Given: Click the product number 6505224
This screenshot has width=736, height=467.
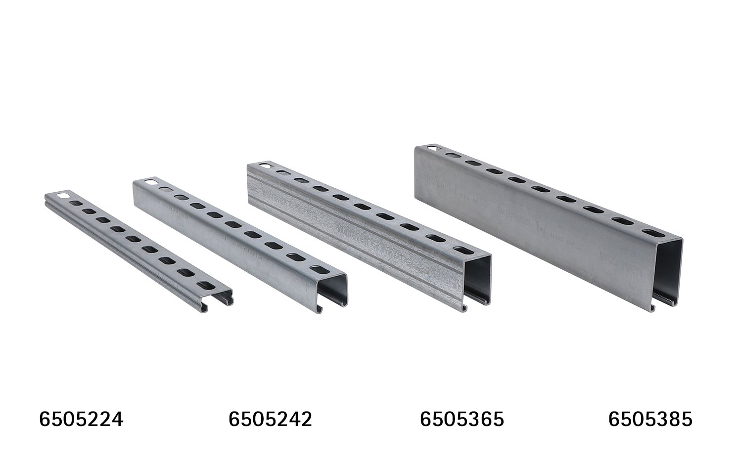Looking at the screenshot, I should click(x=81, y=420).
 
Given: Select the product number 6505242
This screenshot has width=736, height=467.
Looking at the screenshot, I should click(x=270, y=420).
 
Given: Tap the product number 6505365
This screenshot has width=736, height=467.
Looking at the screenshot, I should click(x=461, y=420).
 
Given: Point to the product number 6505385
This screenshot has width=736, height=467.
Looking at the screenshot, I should click(x=650, y=420).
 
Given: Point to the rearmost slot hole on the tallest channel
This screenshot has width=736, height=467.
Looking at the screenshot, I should click(x=433, y=148).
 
